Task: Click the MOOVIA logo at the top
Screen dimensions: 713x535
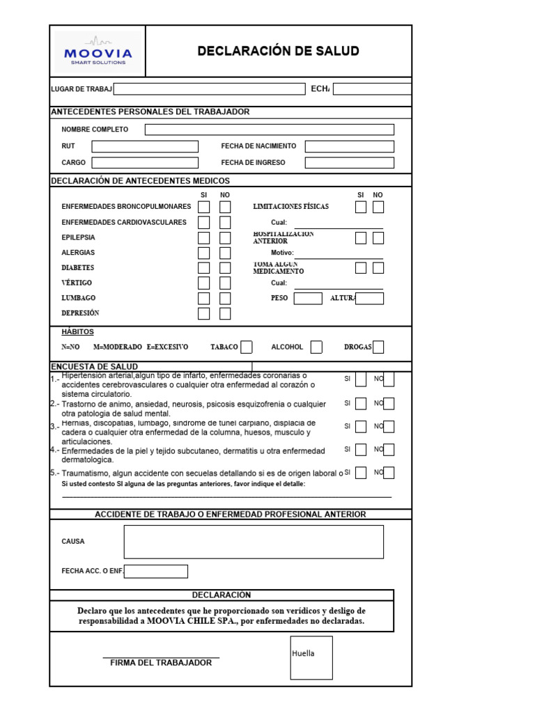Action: [x=98, y=52]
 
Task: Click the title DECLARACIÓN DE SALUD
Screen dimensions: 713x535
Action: [x=278, y=51]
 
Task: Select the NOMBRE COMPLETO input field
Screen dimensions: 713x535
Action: [x=269, y=130]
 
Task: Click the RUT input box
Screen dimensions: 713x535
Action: [x=145, y=146]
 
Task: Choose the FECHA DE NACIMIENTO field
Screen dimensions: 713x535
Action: [x=349, y=146]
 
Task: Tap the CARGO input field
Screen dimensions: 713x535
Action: [x=145, y=163]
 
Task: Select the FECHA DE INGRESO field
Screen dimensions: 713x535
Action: [x=349, y=163]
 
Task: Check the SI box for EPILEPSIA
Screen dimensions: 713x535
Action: [x=203, y=237]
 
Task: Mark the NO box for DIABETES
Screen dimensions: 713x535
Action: [x=225, y=268]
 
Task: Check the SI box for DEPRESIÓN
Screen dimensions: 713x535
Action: [x=203, y=313]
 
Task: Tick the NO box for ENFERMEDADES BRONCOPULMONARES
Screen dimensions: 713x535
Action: [x=225, y=207]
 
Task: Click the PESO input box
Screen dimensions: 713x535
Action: [x=308, y=299]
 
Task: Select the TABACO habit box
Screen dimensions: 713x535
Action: [x=247, y=347]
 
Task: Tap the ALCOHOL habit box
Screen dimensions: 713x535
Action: [x=316, y=347]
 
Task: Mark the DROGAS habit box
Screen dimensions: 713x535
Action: [x=378, y=347]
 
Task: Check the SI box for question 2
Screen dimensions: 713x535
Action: [x=361, y=403]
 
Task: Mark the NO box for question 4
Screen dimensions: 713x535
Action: [x=389, y=450]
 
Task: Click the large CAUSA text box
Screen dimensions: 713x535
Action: [x=254, y=542]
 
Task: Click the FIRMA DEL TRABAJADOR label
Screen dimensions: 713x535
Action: [x=161, y=663]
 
